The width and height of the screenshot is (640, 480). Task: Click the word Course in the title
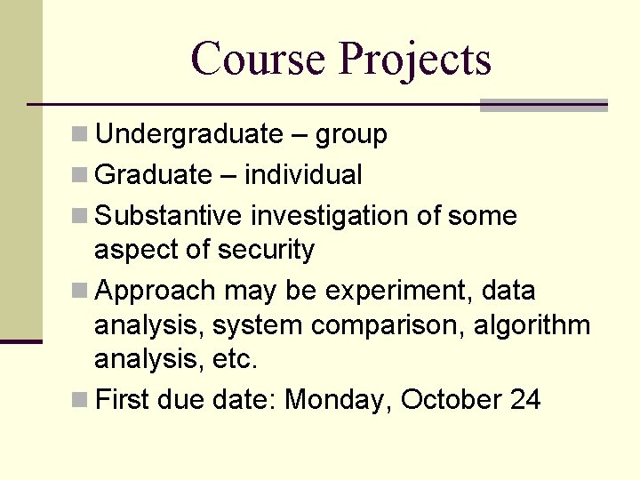coord(258,59)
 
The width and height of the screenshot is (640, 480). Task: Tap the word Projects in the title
coord(414,60)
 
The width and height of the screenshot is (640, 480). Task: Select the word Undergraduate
coord(188,134)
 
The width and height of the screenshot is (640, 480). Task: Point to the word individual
coord(303,175)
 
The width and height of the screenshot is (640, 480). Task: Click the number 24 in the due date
coord(525,400)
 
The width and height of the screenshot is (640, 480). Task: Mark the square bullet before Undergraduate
coord(80,135)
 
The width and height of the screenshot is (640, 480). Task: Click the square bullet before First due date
coord(80,400)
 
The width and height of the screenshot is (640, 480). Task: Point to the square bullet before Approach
coord(80,292)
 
